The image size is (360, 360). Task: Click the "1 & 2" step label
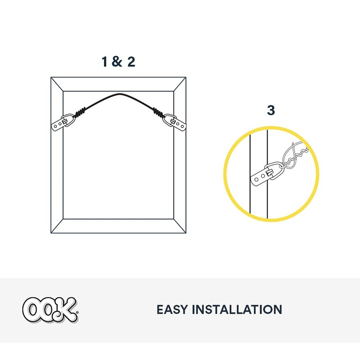click(118, 62)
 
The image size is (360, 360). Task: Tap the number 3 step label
click(271, 110)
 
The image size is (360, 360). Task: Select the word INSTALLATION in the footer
click(237, 310)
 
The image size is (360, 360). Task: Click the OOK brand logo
click(50, 310)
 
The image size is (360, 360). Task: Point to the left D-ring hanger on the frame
click(62, 123)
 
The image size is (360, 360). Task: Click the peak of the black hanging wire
click(119, 94)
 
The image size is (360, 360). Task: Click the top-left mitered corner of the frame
click(57, 84)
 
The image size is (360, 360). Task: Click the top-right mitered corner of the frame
click(180, 84)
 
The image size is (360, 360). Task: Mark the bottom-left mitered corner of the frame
click(57, 226)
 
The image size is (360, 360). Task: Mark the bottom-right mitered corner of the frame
click(180, 226)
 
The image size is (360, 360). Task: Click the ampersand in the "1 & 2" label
click(117, 62)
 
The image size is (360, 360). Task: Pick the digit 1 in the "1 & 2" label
click(104, 62)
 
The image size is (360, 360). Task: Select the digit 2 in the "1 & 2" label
click(130, 62)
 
